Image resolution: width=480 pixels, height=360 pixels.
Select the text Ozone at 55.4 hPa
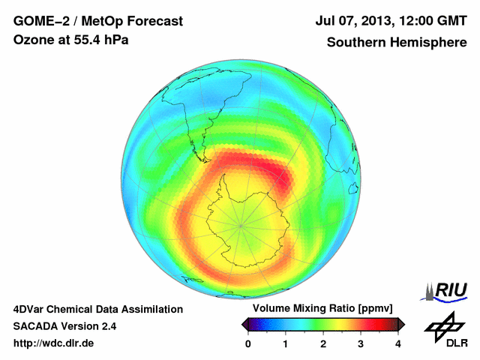70,40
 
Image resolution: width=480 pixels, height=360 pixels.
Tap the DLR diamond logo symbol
443,324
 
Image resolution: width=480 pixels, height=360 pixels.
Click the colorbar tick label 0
248,343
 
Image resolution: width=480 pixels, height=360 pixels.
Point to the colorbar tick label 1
286,343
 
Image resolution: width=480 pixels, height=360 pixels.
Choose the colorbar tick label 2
323,343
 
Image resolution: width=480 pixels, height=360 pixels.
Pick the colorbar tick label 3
361,343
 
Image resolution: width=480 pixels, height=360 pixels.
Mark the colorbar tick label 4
398,343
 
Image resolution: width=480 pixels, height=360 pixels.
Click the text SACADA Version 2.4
64,326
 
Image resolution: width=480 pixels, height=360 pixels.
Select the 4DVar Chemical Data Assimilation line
97,309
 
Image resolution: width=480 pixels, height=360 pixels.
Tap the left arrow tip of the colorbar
242,324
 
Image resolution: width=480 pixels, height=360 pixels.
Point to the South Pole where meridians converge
241,224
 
